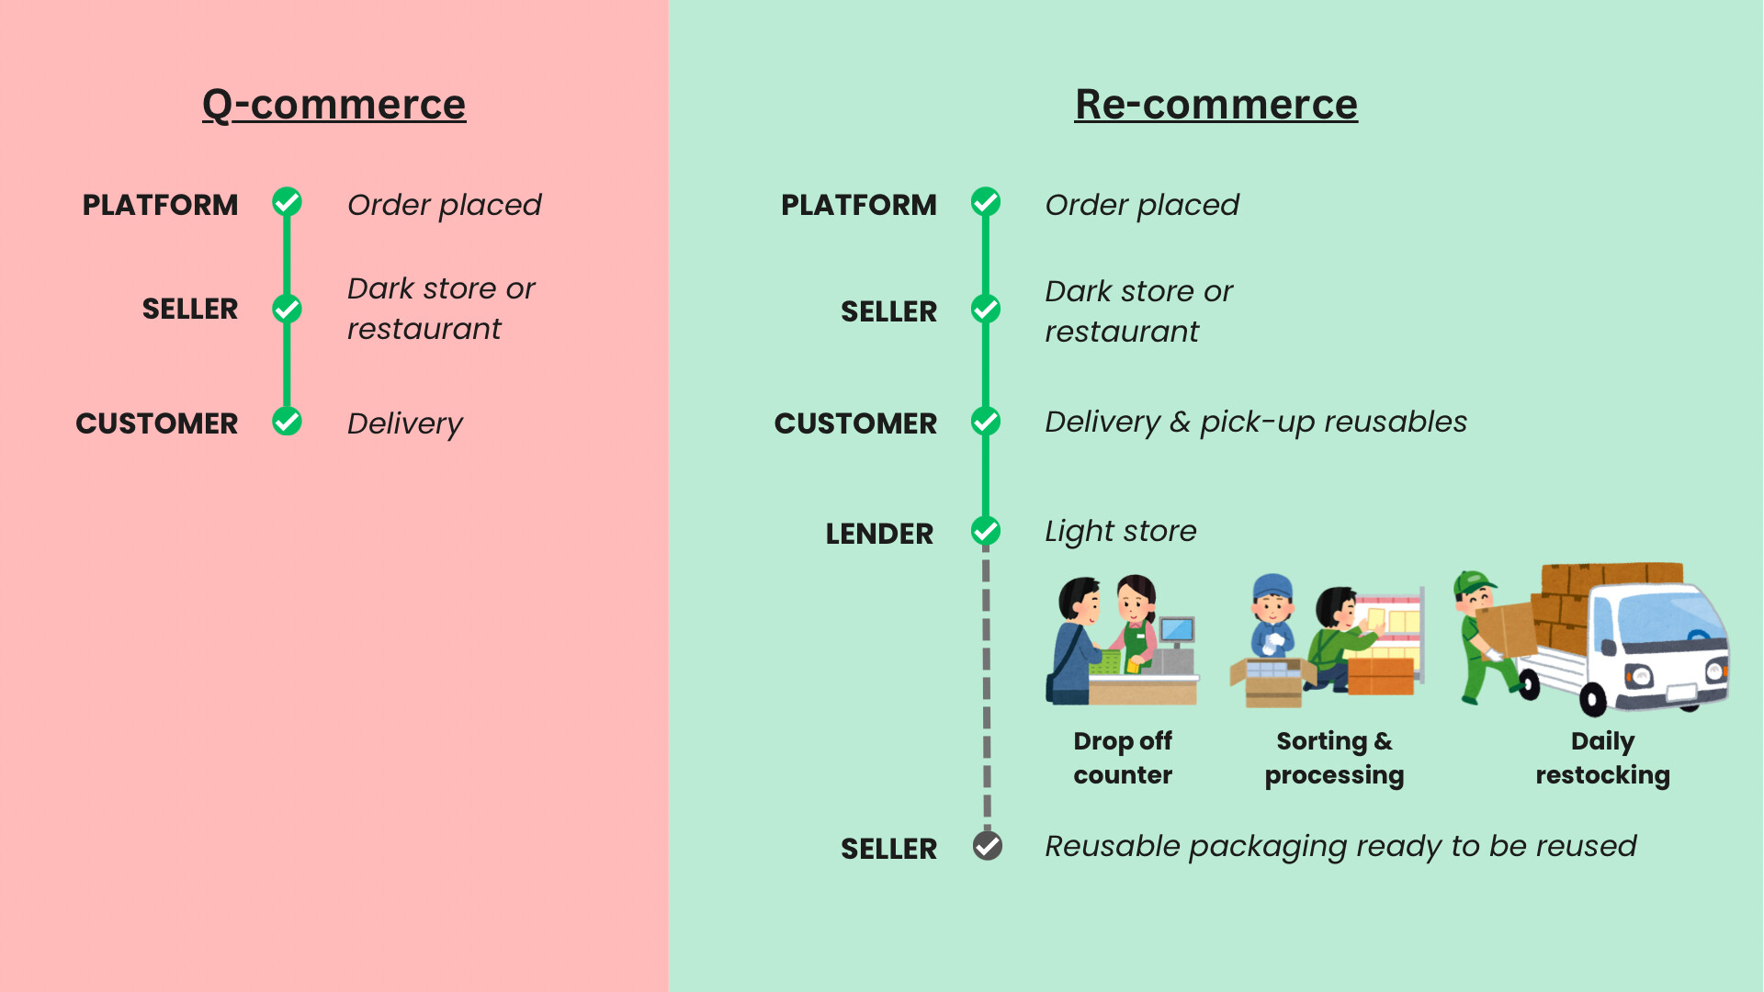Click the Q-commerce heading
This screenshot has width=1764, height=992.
334,104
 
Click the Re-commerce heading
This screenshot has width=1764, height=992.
1216,104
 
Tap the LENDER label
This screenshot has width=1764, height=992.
879,534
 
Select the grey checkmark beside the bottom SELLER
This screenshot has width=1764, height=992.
988,845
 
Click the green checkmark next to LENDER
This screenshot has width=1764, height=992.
986,530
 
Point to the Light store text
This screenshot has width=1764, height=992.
1121,531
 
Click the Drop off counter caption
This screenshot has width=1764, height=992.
1123,758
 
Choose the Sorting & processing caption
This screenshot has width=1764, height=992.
1334,758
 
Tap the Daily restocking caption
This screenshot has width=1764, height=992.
1602,758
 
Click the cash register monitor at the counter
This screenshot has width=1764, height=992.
1177,630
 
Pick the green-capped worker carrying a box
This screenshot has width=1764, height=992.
1488,638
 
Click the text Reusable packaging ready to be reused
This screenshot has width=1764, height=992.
1340,846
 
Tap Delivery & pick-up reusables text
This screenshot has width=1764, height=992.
1256,422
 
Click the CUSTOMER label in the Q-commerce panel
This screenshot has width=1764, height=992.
157,423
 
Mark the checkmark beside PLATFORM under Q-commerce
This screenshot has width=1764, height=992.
287,202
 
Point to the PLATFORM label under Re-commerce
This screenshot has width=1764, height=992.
859,205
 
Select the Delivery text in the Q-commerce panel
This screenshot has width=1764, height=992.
405,423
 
